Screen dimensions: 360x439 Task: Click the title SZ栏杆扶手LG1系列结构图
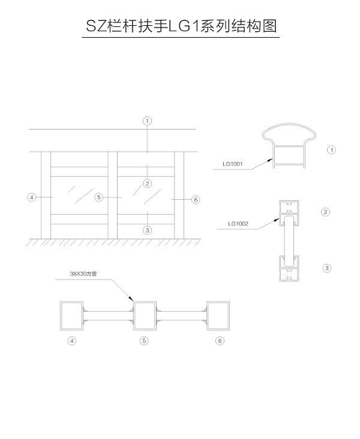[181, 26]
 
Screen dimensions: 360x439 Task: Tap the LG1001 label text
[232, 164]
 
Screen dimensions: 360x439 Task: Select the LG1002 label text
[238, 224]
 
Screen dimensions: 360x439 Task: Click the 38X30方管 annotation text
[83, 273]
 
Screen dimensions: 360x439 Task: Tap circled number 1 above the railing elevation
[148, 121]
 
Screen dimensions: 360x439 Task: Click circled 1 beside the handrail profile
[331, 150]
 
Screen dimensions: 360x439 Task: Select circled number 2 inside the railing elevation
[148, 184]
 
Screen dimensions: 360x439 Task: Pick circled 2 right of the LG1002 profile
[325, 212]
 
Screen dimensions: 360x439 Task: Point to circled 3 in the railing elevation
[148, 230]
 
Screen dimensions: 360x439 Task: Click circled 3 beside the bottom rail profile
[326, 268]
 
